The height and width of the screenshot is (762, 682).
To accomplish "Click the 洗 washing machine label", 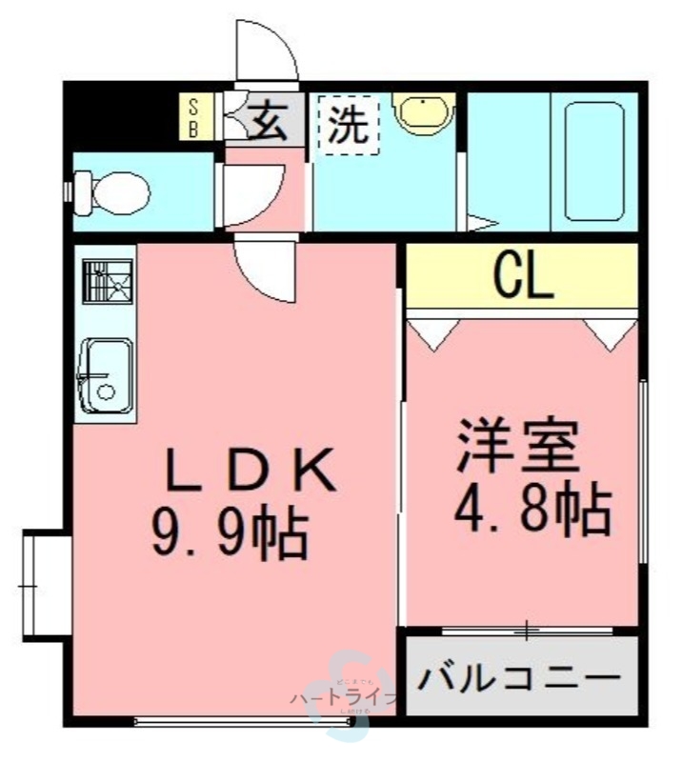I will [347, 127].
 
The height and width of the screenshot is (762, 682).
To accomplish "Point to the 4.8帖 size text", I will [530, 511].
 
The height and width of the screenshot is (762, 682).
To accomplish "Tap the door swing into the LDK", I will [261, 271].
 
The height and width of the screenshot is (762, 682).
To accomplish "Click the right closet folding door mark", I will [609, 333].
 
